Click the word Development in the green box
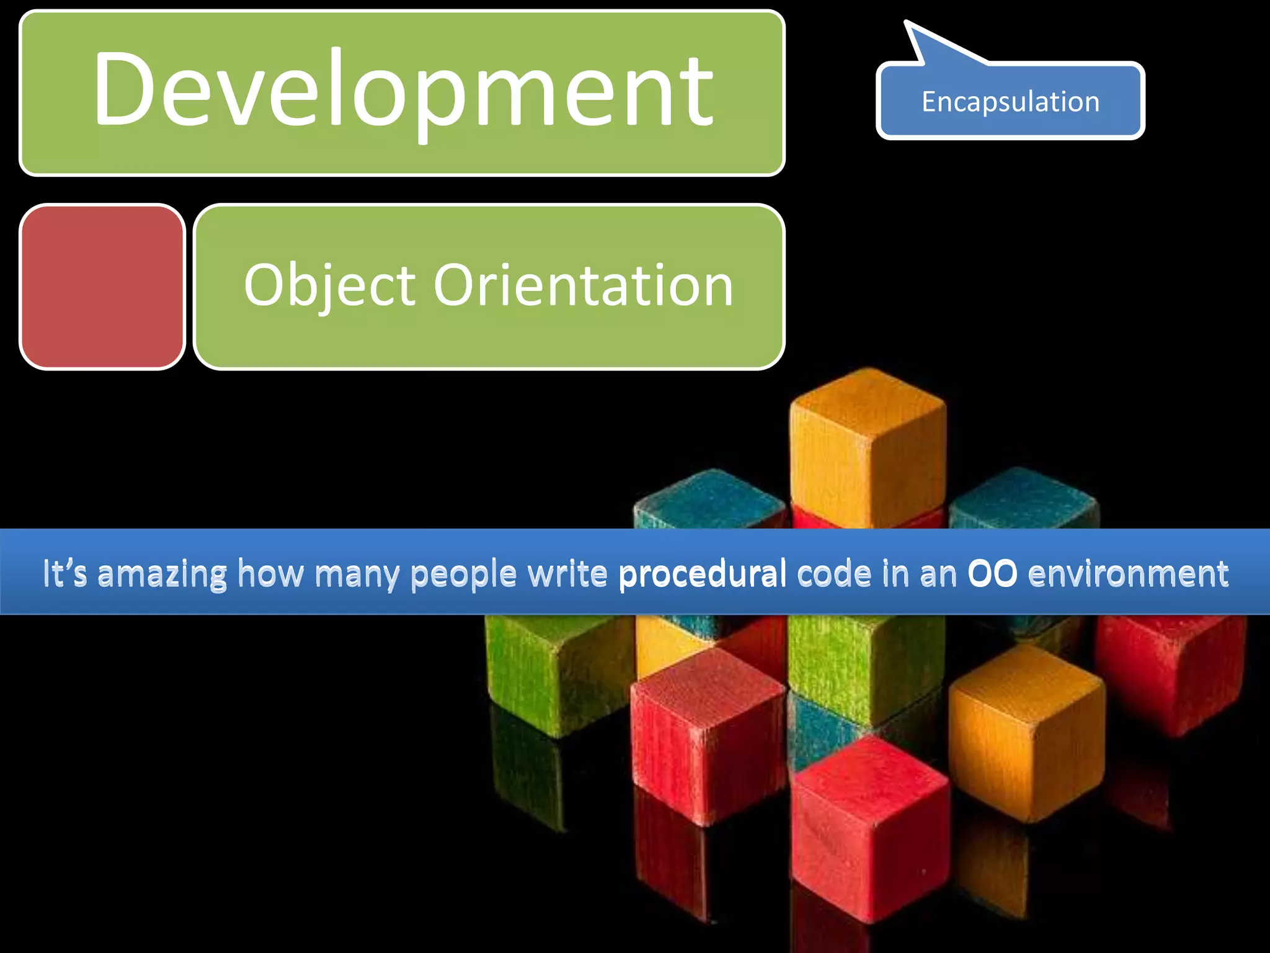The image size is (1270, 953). point(403,90)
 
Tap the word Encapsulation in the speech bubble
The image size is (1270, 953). point(1010,102)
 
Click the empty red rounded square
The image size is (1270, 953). point(102,287)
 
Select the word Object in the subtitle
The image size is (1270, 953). point(329,285)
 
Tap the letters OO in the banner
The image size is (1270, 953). point(992,573)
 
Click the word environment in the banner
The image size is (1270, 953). point(1128,573)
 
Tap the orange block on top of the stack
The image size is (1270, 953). point(868,447)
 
